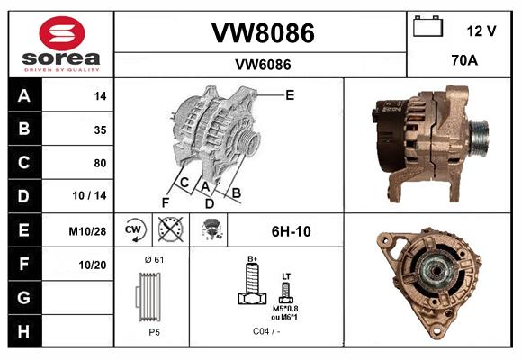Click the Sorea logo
(x=61, y=44)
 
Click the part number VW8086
(x=262, y=33)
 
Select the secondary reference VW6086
(x=262, y=64)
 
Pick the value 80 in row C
(x=99, y=163)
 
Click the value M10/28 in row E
(x=87, y=231)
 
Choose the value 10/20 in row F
(x=93, y=265)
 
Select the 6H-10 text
(x=291, y=231)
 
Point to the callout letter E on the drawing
(x=289, y=94)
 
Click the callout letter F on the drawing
(x=165, y=202)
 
